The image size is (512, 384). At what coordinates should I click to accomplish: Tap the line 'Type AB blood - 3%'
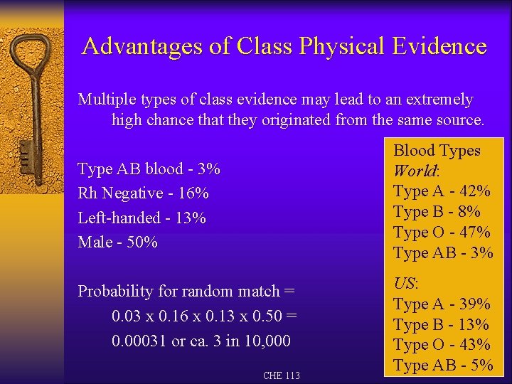pos(149,169)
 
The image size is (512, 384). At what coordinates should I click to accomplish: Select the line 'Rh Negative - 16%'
pos(143,193)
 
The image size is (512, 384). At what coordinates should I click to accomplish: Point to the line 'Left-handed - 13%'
pos(142,218)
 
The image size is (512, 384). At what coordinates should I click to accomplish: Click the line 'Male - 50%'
pos(117,242)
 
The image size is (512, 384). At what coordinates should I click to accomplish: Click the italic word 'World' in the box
pos(415,171)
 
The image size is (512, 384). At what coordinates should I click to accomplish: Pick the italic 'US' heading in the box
pos(405,284)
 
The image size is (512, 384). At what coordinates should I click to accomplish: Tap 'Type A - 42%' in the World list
pos(442,191)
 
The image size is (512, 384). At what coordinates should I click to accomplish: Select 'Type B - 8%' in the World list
pos(437,212)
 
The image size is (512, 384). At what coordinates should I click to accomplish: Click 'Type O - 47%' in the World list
pos(442,233)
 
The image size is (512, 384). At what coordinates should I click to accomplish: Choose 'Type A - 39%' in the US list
pos(442,304)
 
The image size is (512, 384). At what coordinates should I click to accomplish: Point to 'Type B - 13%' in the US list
pos(441,325)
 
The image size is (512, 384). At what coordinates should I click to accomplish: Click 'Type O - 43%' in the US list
pos(442,345)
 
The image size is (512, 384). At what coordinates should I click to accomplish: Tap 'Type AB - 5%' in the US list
pos(443,366)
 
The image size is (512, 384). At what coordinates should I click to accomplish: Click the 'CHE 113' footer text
pos(282,375)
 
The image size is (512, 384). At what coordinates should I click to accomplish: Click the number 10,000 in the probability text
pos(267,341)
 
